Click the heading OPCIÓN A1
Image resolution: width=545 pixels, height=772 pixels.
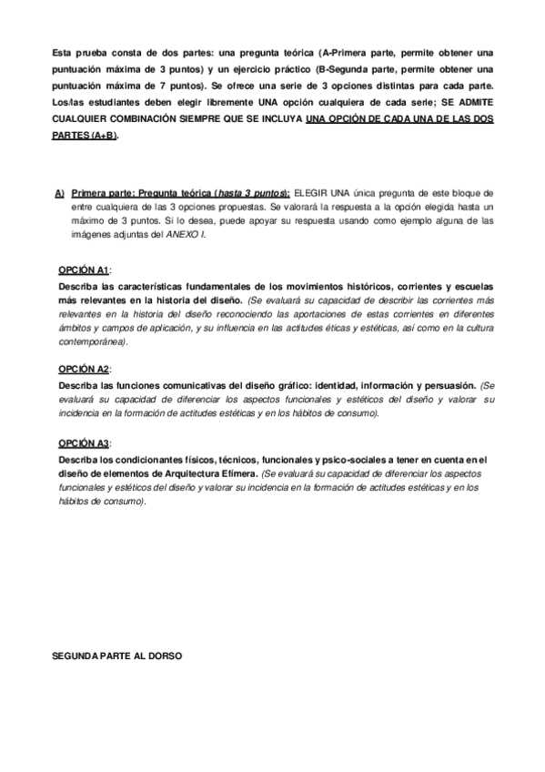83,270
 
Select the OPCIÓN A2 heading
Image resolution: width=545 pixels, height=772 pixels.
83,370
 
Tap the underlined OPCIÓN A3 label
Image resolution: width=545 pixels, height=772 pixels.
83,442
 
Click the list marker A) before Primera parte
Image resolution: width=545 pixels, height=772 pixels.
59,194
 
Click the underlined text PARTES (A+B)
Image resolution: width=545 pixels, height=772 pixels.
85,135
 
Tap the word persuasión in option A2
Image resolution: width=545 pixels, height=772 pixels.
449,385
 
